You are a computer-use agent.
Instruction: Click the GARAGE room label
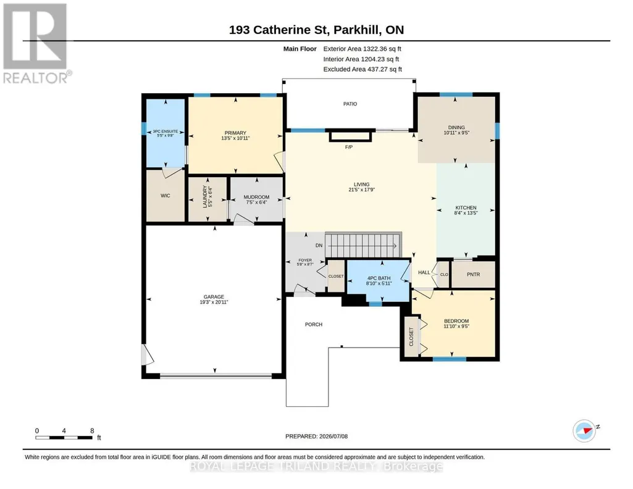coord(214,297)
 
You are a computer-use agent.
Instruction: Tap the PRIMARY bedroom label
coord(235,133)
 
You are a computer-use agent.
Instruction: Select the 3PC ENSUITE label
coord(165,132)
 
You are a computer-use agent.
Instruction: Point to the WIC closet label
coord(166,196)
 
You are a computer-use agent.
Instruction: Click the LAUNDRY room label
coord(204,197)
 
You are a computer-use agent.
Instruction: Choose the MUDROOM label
coord(256,198)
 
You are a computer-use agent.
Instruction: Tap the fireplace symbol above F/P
coord(350,136)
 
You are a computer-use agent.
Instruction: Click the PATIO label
coord(350,104)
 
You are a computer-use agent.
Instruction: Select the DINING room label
coord(456,127)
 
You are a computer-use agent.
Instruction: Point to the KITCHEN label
coord(466,208)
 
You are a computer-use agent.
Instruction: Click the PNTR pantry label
coord(474,274)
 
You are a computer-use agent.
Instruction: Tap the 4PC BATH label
coord(379,278)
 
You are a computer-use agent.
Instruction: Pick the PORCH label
coord(314,324)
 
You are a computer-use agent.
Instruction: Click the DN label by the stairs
coord(319,245)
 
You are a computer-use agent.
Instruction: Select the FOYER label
coord(305,260)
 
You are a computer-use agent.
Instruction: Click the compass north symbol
coord(585,430)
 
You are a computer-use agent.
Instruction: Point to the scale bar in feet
coord(65,437)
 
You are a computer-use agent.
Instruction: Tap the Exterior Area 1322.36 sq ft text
coord(362,49)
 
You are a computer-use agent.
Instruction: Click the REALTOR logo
coord(36,44)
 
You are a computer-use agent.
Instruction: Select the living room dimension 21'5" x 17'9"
coord(362,190)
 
